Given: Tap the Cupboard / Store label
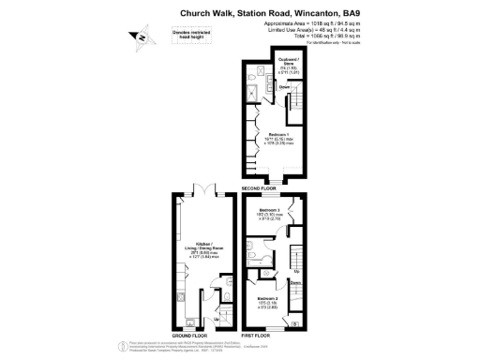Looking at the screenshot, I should point(290,64).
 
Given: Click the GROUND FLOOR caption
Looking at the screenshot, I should point(190,335).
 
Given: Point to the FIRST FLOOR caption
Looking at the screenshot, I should point(255,335).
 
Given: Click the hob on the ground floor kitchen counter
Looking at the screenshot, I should point(178,301).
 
